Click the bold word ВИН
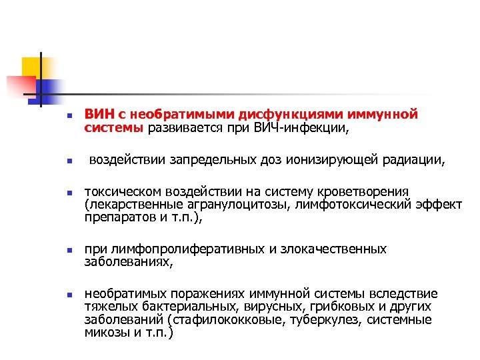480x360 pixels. pos(97,115)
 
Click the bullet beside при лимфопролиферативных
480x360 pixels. pos(60,251)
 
